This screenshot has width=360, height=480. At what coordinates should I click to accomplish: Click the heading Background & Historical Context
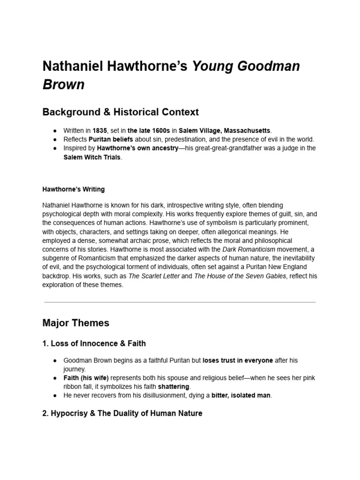(120, 112)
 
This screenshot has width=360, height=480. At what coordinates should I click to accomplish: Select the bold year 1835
(100, 131)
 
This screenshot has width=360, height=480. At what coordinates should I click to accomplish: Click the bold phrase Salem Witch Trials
(92, 157)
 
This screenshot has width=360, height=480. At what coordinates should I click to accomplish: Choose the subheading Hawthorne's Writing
(74, 189)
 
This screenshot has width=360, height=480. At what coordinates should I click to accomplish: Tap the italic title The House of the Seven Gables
(240, 276)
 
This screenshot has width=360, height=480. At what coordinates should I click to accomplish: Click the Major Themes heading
(75, 323)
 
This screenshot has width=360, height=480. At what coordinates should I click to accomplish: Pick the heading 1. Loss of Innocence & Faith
(94, 344)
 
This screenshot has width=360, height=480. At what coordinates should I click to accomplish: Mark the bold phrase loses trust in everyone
(238, 360)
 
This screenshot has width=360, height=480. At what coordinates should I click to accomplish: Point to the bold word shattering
(173, 386)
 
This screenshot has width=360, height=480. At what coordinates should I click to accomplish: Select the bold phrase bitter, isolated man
(241, 395)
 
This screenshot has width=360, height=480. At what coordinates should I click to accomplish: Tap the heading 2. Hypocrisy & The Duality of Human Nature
(122, 413)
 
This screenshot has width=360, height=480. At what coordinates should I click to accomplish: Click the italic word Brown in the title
(64, 84)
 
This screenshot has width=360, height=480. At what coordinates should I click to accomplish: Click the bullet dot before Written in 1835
(55, 131)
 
